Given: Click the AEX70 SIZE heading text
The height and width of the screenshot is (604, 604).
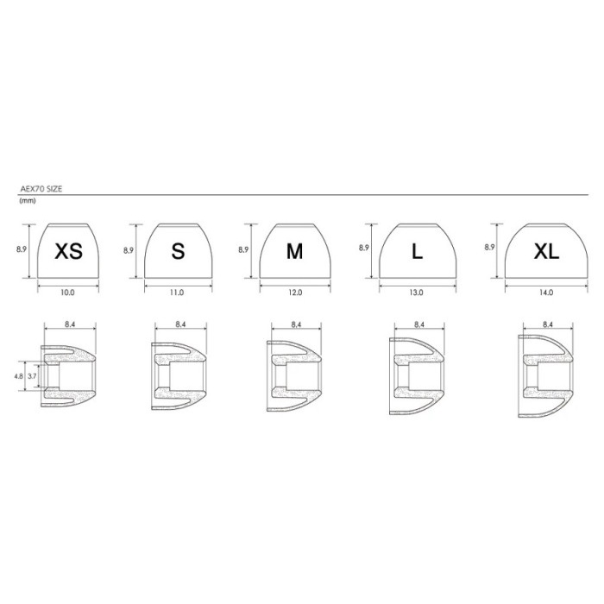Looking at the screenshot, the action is (x=41, y=189).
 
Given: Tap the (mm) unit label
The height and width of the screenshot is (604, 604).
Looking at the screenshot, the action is (x=28, y=201).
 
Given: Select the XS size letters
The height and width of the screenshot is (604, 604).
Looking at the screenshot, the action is (x=68, y=251).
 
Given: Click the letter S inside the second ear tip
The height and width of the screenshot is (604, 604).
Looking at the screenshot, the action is (x=178, y=251).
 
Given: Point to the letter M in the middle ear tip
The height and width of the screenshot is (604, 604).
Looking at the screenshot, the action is (x=295, y=251).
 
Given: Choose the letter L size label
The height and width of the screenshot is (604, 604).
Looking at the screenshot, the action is (x=417, y=251).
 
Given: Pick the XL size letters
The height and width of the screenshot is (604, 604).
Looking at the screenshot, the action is (x=546, y=251).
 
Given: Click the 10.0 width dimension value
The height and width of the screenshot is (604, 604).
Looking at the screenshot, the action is (x=67, y=293).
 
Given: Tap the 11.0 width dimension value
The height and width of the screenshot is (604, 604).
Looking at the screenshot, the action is (x=177, y=293).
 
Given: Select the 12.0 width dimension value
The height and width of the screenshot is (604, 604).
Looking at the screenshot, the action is (x=295, y=293).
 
